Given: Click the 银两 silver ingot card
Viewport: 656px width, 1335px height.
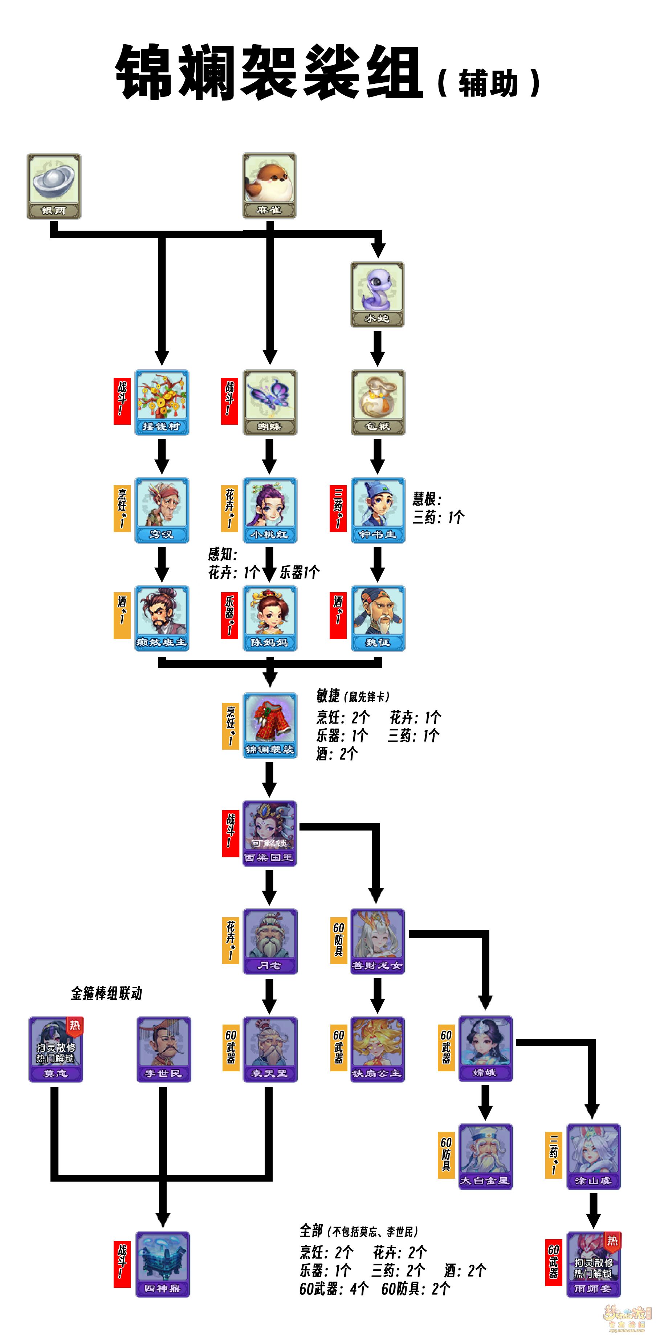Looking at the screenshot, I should click(x=54, y=186).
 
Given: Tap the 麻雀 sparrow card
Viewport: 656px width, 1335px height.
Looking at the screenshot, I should click(x=270, y=185).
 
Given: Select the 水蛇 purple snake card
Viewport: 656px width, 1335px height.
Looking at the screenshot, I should click(x=378, y=294).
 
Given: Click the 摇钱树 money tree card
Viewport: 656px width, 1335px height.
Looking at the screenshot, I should click(x=162, y=402).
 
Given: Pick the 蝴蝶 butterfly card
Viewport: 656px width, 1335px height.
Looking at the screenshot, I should click(x=270, y=402).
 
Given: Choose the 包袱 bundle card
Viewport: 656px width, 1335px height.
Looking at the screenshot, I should click(x=378, y=402).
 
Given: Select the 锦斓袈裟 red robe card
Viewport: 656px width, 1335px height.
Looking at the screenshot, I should click(x=270, y=726).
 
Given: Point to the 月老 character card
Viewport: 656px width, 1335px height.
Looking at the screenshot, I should click(x=270, y=941).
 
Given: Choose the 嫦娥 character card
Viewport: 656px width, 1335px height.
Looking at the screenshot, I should click(x=485, y=1048).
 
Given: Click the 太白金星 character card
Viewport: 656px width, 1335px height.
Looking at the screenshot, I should click(x=485, y=1156).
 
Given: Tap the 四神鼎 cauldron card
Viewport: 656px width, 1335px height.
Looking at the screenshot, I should click(x=162, y=1264).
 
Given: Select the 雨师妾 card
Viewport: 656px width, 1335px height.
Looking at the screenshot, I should click(x=593, y=1264).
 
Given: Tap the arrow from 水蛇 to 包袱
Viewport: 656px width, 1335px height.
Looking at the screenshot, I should click(x=378, y=348).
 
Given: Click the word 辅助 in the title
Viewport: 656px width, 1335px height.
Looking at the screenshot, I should click(x=488, y=83).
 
